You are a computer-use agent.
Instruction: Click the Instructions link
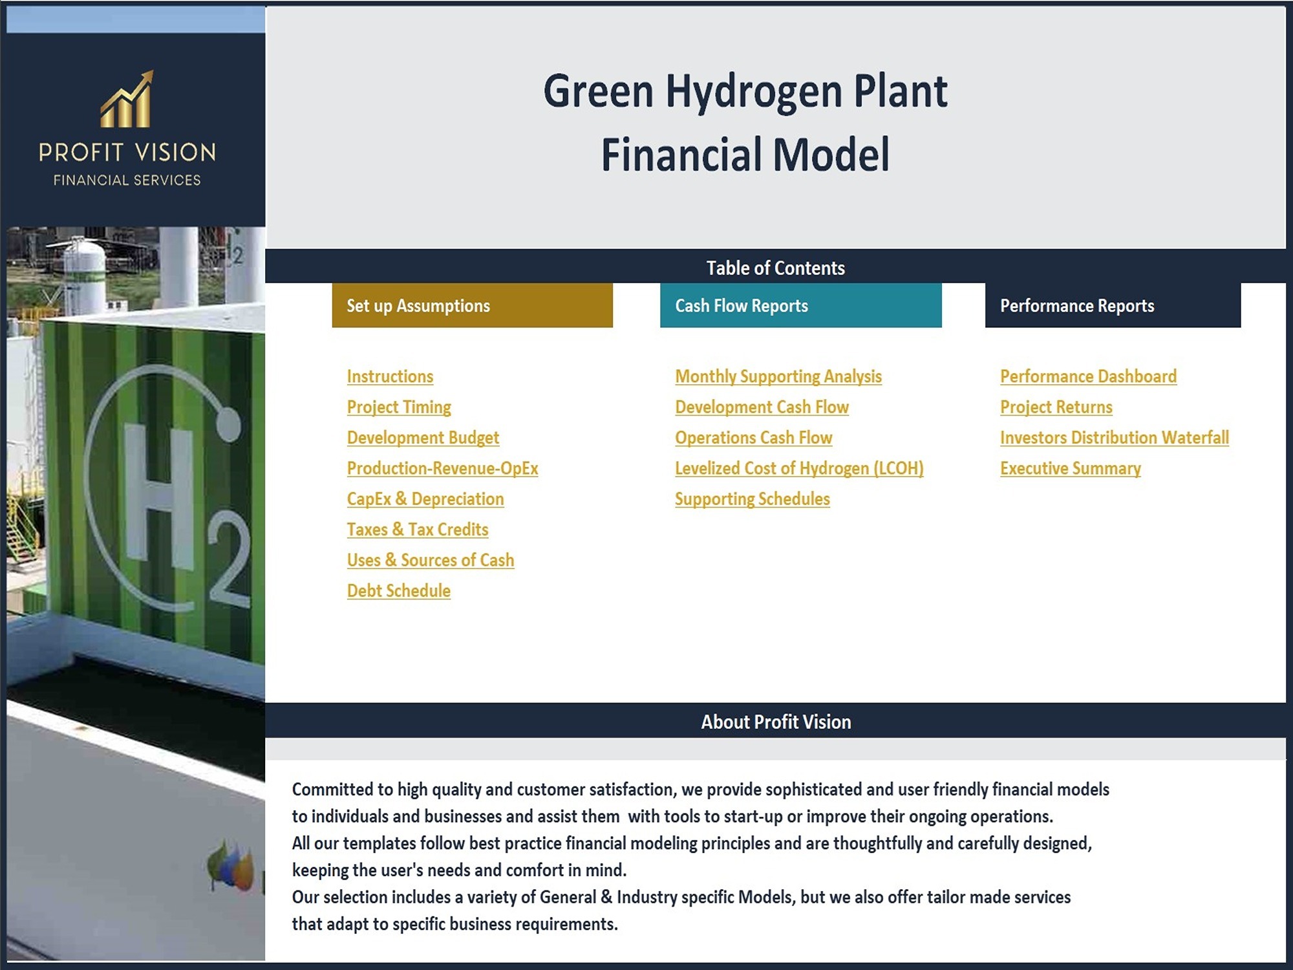(x=390, y=376)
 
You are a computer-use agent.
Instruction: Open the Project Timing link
(x=399, y=407)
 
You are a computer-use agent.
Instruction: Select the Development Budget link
(x=423, y=438)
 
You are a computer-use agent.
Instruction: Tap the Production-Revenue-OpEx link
(x=442, y=468)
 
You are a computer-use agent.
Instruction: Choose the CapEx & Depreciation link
(x=425, y=499)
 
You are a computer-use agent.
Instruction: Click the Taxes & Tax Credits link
(x=418, y=530)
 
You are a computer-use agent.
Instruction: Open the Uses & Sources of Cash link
(x=431, y=560)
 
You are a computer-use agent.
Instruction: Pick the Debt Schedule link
(x=399, y=590)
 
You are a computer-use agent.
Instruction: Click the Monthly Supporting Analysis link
(x=778, y=376)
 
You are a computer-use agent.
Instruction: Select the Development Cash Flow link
(x=762, y=407)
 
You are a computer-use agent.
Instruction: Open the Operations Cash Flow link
(x=753, y=438)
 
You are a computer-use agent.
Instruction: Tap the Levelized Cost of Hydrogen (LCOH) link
(x=799, y=468)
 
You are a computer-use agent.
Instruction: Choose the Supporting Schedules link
(x=753, y=499)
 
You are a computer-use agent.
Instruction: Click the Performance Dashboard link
(x=1088, y=376)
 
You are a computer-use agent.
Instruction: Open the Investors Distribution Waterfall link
(x=1115, y=438)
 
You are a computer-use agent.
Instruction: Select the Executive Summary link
(x=1070, y=468)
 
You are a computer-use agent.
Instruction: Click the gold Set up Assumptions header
(x=473, y=305)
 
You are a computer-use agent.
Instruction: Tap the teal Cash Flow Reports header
(x=801, y=305)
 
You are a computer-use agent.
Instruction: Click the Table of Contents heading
(x=775, y=268)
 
